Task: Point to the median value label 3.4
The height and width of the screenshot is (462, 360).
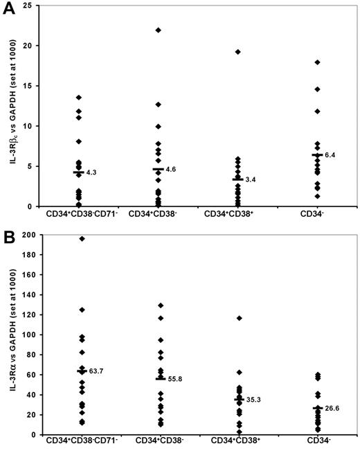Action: click(x=251, y=179)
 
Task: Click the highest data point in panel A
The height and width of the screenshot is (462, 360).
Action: click(x=159, y=30)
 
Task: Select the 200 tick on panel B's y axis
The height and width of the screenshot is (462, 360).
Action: click(x=30, y=235)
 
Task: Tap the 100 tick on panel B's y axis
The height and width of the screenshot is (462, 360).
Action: click(x=30, y=335)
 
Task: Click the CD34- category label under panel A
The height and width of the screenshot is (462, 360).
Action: click(x=318, y=215)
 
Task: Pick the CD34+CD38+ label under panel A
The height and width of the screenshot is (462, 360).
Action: click(x=238, y=215)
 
